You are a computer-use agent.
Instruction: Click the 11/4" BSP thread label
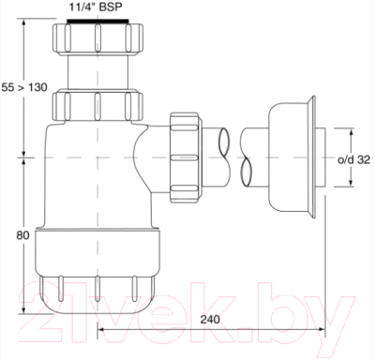(x=97, y=7)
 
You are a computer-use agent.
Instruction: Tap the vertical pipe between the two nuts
(x=97, y=70)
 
